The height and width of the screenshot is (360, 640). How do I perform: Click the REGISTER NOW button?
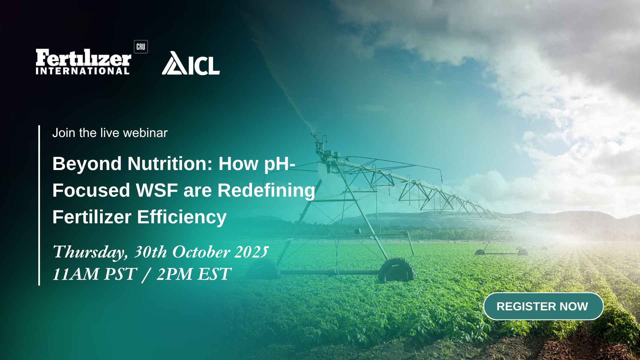click(x=543, y=306)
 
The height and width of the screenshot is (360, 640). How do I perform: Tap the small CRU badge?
click(x=141, y=47)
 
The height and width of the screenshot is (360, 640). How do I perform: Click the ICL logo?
click(x=191, y=63)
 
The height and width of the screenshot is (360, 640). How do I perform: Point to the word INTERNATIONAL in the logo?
click(x=83, y=71)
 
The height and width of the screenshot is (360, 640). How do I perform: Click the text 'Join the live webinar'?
click(x=110, y=133)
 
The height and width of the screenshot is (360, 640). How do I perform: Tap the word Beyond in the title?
click(x=87, y=164)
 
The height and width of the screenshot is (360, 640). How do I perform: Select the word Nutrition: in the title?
click(x=170, y=164)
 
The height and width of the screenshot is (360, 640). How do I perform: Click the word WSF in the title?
click(x=157, y=190)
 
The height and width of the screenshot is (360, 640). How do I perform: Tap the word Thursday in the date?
click(x=90, y=252)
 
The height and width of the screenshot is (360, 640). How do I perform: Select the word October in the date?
click(x=201, y=252)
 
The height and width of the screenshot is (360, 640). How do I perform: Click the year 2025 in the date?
click(x=252, y=252)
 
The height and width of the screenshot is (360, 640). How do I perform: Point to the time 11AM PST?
click(x=95, y=274)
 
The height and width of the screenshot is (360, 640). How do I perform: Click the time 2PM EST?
click(x=194, y=274)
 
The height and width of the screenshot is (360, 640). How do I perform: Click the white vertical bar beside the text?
click(x=39, y=205)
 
